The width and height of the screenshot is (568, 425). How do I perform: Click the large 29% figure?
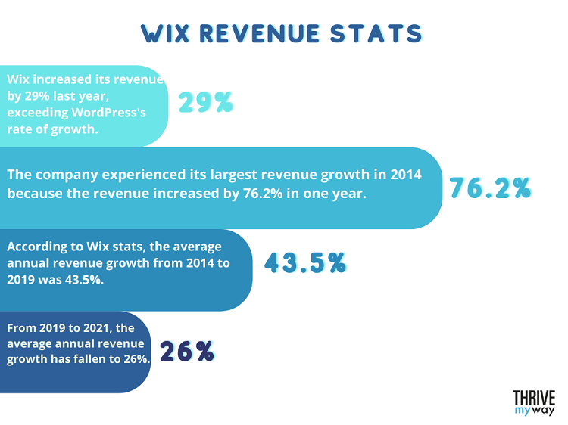[205, 102]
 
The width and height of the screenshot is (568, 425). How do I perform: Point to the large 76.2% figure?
[490, 188]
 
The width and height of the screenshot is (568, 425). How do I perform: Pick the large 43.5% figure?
[305, 262]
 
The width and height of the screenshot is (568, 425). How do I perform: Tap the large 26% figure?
[186, 351]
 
